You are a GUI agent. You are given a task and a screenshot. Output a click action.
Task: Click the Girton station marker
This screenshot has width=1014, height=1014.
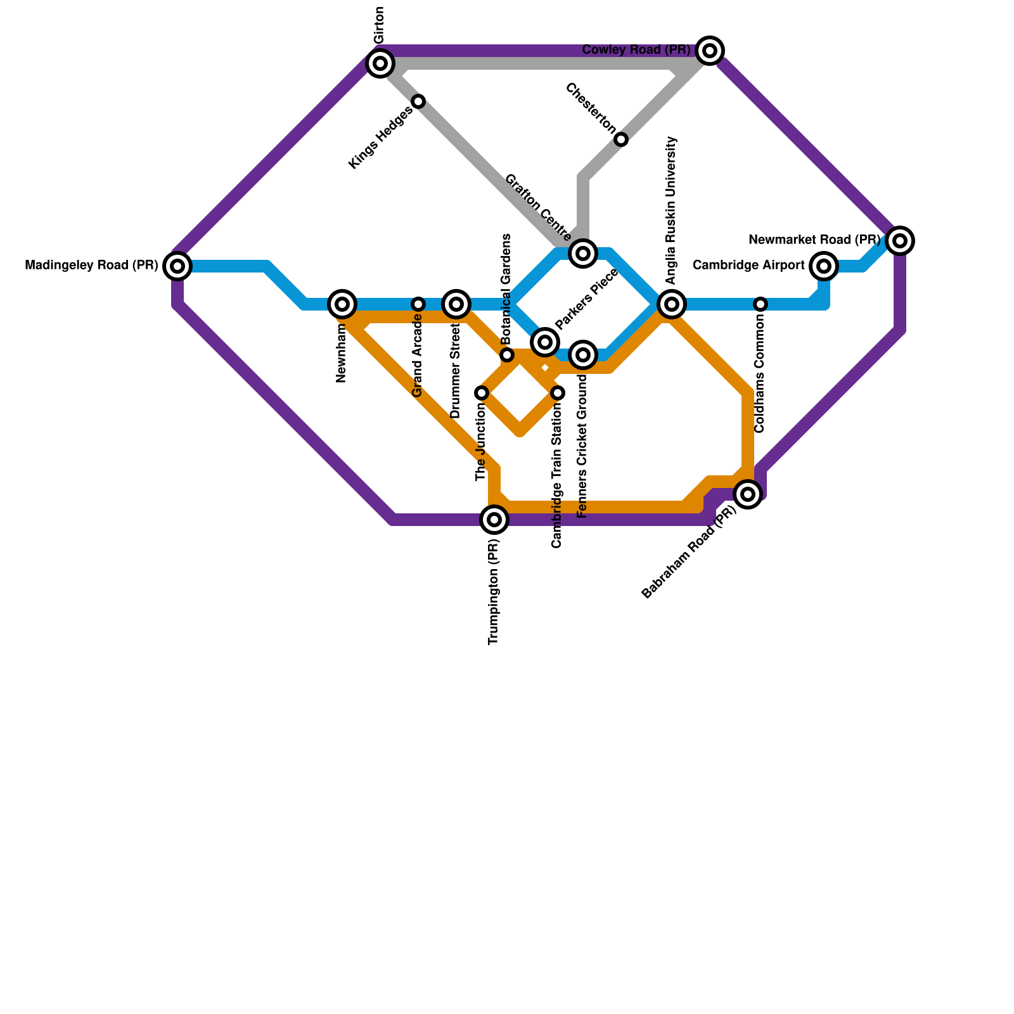[380, 63]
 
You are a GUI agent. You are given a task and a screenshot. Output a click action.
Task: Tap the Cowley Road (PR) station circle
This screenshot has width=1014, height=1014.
[710, 51]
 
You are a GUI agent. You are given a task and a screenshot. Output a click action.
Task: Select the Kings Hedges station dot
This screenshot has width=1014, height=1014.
[418, 101]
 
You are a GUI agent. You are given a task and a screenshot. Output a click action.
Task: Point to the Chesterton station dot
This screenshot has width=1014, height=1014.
[621, 139]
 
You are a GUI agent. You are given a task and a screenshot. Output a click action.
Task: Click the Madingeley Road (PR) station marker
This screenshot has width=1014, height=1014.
[177, 266]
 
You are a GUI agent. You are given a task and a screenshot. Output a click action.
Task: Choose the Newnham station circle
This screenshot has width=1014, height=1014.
[342, 304]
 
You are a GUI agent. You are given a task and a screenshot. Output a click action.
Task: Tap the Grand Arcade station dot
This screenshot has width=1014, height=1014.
[418, 304]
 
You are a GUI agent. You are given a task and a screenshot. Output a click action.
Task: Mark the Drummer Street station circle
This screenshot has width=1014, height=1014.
[456, 304]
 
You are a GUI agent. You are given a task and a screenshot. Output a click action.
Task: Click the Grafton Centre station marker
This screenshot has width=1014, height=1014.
[583, 253]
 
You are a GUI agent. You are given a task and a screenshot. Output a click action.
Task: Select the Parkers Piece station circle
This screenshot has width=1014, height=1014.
[544, 342]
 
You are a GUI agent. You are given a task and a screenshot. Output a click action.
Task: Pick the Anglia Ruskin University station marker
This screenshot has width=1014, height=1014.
[672, 304]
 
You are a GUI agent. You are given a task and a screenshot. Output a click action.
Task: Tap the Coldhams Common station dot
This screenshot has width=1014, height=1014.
[760, 304]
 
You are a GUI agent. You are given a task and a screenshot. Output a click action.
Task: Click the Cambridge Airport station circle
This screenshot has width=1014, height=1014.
[824, 266]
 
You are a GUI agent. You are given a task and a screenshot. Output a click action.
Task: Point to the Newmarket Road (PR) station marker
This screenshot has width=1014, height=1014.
[900, 241]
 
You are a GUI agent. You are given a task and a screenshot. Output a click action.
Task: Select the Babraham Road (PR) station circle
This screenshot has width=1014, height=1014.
[748, 494]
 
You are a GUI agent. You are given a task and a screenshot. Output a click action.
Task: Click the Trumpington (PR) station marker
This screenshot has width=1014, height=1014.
[494, 520]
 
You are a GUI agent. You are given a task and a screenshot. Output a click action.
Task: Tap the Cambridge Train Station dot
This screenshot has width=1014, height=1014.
[558, 393]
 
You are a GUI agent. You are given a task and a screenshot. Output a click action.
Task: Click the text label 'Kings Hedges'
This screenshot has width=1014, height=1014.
[380, 138]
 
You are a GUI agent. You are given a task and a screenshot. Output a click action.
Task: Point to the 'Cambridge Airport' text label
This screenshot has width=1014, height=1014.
[748, 266]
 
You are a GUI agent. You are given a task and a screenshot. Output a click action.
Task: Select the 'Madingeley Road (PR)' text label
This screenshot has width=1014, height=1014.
[91, 266]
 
